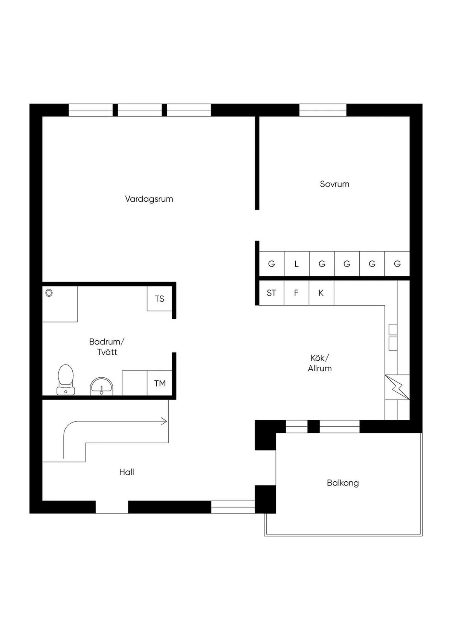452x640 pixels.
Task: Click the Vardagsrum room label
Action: click(149, 199)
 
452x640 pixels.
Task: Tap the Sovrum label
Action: click(334, 184)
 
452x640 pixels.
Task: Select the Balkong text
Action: click(343, 483)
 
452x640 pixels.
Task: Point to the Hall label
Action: click(127, 472)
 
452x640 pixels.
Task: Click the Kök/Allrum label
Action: click(320, 363)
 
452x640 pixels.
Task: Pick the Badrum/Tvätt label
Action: click(107, 347)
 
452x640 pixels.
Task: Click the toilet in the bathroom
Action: click(66, 379)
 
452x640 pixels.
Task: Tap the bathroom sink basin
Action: click(101, 386)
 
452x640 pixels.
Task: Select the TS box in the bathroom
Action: click(159, 299)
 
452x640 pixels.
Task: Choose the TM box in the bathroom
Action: click(160, 383)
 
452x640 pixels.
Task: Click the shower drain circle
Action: click(49, 292)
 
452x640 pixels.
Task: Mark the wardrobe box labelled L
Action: click(296, 264)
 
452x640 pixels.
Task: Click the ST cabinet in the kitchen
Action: click(271, 293)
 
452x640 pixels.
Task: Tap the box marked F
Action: click(296, 293)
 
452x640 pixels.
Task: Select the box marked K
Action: click(321, 293)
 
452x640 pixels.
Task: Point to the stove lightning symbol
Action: click(397, 387)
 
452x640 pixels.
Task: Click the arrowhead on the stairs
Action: click(164, 421)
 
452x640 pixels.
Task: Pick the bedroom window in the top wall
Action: click(323, 110)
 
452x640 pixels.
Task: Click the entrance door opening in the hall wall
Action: click(112, 507)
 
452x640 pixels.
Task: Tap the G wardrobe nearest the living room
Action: click(271, 264)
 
